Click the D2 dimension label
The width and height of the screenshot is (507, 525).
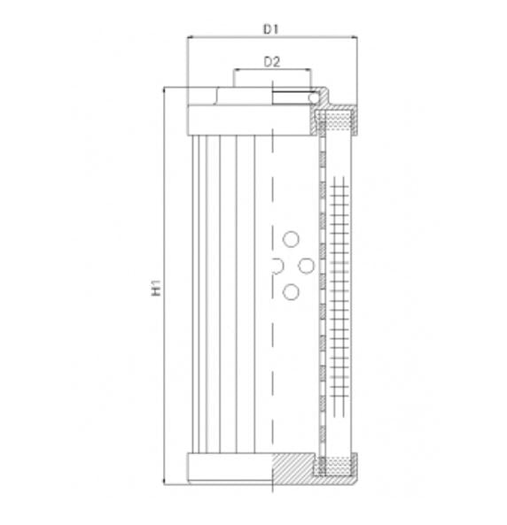(x=272, y=61)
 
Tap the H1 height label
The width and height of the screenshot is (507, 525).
(x=156, y=287)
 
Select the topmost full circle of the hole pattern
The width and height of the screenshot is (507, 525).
(x=290, y=238)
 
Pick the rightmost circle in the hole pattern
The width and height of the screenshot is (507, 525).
(x=306, y=265)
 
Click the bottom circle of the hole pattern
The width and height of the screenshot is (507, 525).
(x=290, y=291)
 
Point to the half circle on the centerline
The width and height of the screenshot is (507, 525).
(x=276, y=265)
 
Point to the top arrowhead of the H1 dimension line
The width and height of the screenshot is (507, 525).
(x=166, y=92)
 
